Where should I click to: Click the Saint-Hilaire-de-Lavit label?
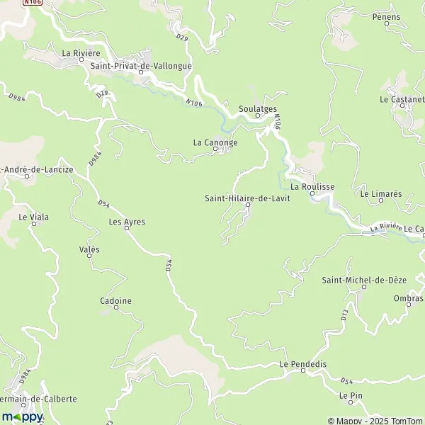tap(246, 198)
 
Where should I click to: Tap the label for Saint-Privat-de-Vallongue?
tap(142, 66)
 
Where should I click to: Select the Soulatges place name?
tap(257, 109)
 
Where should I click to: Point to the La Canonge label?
tap(215, 142)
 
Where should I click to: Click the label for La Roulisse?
tap(312, 186)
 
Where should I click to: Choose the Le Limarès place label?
tap(380, 193)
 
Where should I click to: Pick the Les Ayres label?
tap(127, 222)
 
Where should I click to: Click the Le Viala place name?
tap(34, 217)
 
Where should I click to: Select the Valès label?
tap(90, 249)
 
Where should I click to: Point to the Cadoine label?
tap(116, 301)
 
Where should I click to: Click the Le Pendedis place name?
tap(303, 363)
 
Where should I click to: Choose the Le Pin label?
tap(351, 395)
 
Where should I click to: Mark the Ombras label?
tap(409, 298)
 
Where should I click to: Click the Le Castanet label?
tap(402, 99)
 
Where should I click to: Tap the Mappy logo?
tap(23, 416)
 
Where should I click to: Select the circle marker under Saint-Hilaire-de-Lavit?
tap(248, 205)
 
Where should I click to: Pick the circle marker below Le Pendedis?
tap(303, 370)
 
